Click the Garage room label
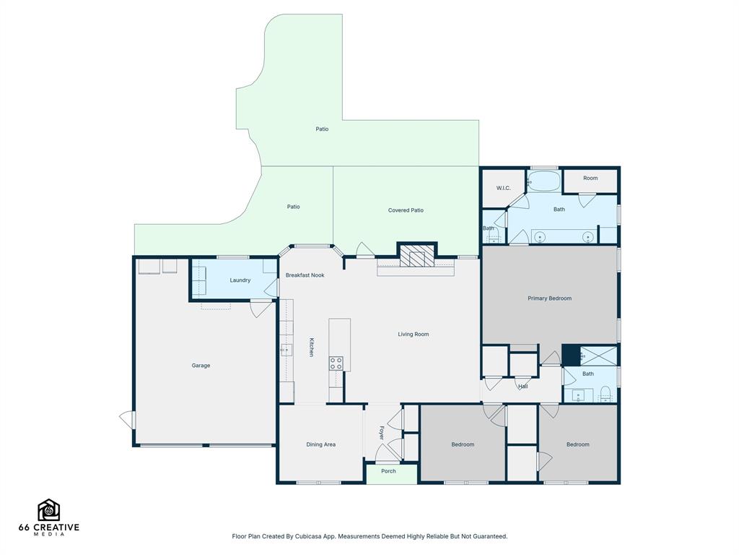tap(201, 365)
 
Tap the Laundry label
tap(240, 280)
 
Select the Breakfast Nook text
tap(305, 275)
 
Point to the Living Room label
tap(414, 334)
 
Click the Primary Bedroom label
tap(549, 298)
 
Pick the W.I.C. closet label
tap(503, 188)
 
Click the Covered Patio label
tap(406, 210)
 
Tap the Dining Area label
tap(321, 444)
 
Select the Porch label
tap(388, 471)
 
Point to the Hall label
tap(523, 386)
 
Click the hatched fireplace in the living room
tap(417, 257)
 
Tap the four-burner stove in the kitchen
tap(336, 363)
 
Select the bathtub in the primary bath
tap(543, 181)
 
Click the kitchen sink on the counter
tap(287, 350)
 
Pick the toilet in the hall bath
tap(605, 392)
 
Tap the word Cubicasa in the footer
tap(307, 536)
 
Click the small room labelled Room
tap(590, 181)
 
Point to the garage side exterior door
tap(128, 420)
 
